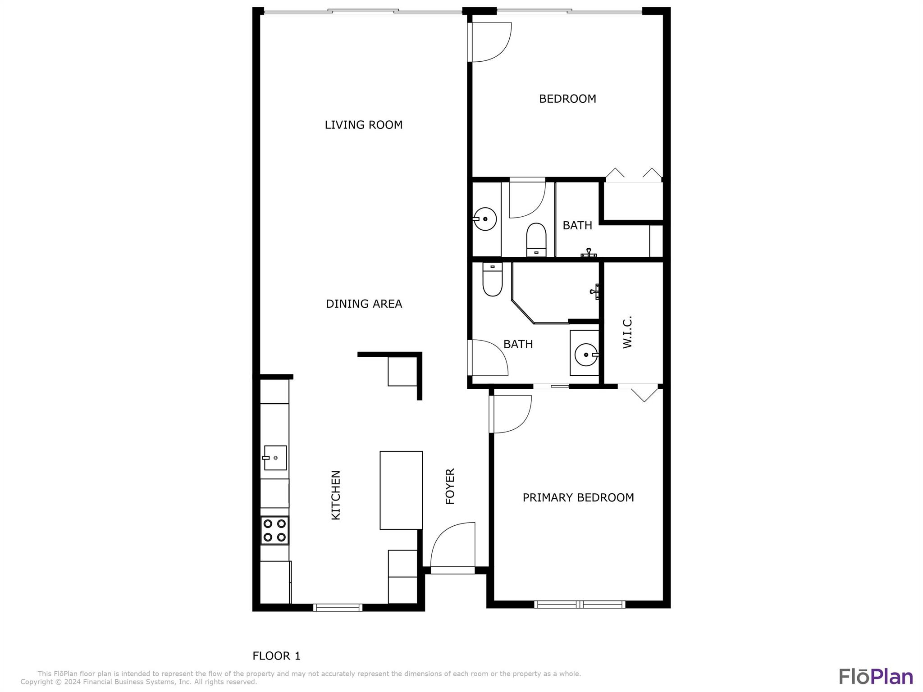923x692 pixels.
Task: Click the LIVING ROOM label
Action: point(364,125)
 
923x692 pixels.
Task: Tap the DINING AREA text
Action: point(364,304)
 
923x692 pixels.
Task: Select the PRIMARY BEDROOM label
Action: point(578,497)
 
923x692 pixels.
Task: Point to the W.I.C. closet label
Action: point(627,332)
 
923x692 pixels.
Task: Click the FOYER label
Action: point(450,486)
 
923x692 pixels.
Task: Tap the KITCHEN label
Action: point(336,495)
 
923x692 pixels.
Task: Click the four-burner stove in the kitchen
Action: point(274,530)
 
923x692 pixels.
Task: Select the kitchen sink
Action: point(275,458)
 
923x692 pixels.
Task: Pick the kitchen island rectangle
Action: point(401,490)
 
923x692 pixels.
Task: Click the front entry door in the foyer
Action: point(452,548)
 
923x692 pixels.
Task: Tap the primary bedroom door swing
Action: point(510,414)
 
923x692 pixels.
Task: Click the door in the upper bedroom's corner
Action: point(489,42)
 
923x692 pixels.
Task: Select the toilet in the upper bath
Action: point(536,240)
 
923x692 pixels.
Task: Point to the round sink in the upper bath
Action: point(485,219)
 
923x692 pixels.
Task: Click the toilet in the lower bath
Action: point(492,279)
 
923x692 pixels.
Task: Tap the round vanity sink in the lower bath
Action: point(586,355)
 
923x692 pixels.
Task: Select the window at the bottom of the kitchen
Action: point(338,607)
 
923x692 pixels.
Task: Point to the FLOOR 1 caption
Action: point(276,656)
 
